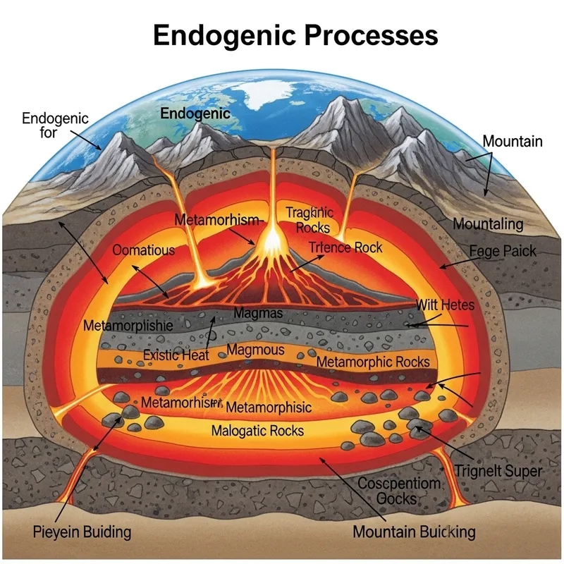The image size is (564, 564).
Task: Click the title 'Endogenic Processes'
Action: coord(295,35)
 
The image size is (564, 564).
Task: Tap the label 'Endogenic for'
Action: coord(55,125)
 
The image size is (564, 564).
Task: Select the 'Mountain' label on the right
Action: coord(513,141)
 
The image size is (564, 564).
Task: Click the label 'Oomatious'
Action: coord(143,250)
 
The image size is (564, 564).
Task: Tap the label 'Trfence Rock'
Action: coord(345,247)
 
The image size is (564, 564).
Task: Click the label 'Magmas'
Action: coord(257,312)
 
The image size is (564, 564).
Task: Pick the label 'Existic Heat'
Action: coord(176,355)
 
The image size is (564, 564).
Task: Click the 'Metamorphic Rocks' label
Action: coord(372,362)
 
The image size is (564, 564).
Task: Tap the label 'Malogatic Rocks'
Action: coord(258,430)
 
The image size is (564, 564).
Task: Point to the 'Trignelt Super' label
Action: coord(498,471)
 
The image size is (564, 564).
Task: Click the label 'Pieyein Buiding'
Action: coord(82,531)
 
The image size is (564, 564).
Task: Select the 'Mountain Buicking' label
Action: coord(414,532)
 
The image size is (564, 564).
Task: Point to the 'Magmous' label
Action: coord(256,350)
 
